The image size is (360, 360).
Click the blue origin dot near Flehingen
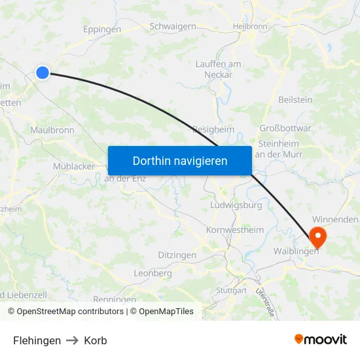point(43,73)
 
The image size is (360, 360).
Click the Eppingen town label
point(102,29)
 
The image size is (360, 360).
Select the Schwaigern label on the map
point(173,26)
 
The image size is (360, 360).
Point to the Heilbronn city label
point(250,26)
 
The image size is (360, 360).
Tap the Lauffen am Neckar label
point(219,69)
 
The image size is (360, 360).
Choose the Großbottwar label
point(285,128)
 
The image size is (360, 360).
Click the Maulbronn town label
point(52,130)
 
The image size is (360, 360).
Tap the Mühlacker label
point(74,166)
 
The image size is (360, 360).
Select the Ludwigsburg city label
point(236,205)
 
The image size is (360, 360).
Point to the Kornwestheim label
point(234,230)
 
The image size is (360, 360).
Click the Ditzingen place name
point(177,255)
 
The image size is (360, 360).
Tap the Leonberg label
point(153,273)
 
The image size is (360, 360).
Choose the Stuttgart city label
point(231,290)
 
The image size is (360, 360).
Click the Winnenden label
point(335,220)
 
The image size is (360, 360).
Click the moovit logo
point(321,340)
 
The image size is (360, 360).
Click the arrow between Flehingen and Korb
point(73,340)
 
